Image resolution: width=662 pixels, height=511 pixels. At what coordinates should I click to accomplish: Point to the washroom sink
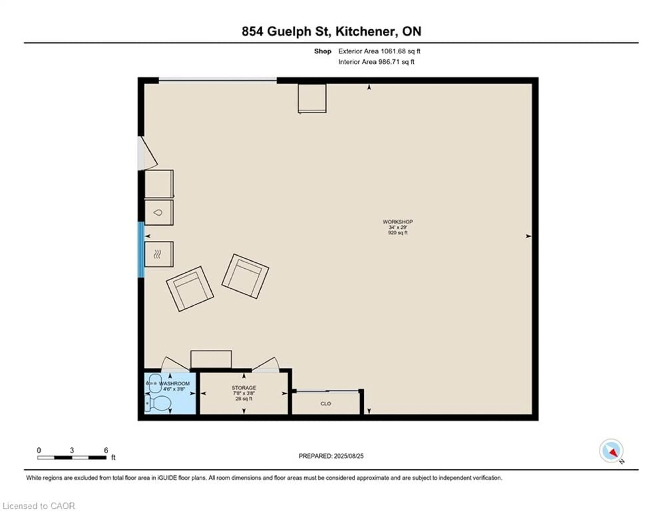[x=155, y=383]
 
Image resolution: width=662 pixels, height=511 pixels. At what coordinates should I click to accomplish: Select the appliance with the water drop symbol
[x=159, y=212]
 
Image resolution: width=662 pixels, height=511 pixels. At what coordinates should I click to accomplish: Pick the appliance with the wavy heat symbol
[x=159, y=254]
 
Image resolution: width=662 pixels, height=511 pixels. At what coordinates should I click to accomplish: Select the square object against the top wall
[x=312, y=98]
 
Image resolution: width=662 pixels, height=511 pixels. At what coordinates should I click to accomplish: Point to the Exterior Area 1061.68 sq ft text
[x=379, y=51]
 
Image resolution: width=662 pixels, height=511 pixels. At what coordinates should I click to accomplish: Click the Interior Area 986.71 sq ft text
[x=376, y=62]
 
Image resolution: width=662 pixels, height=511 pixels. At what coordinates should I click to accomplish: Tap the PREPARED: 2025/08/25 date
[x=331, y=456]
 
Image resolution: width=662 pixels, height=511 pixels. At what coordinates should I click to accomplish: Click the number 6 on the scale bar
[x=106, y=450]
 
